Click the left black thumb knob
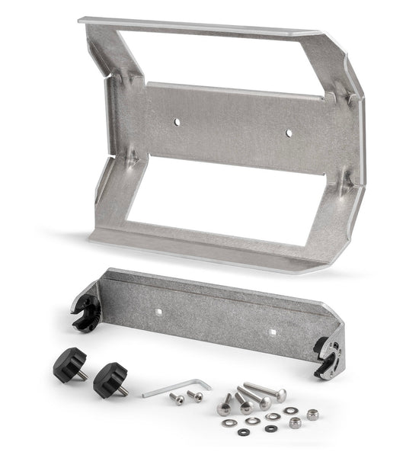(x=69, y=365)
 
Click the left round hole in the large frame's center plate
(x=176, y=121)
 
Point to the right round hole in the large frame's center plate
(x=289, y=133)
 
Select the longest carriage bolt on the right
(x=264, y=392)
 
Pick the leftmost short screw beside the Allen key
(x=177, y=399)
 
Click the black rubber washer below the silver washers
(x=242, y=431)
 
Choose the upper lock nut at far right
(x=312, y=414)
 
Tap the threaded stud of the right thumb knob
(x=122, y=391)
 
